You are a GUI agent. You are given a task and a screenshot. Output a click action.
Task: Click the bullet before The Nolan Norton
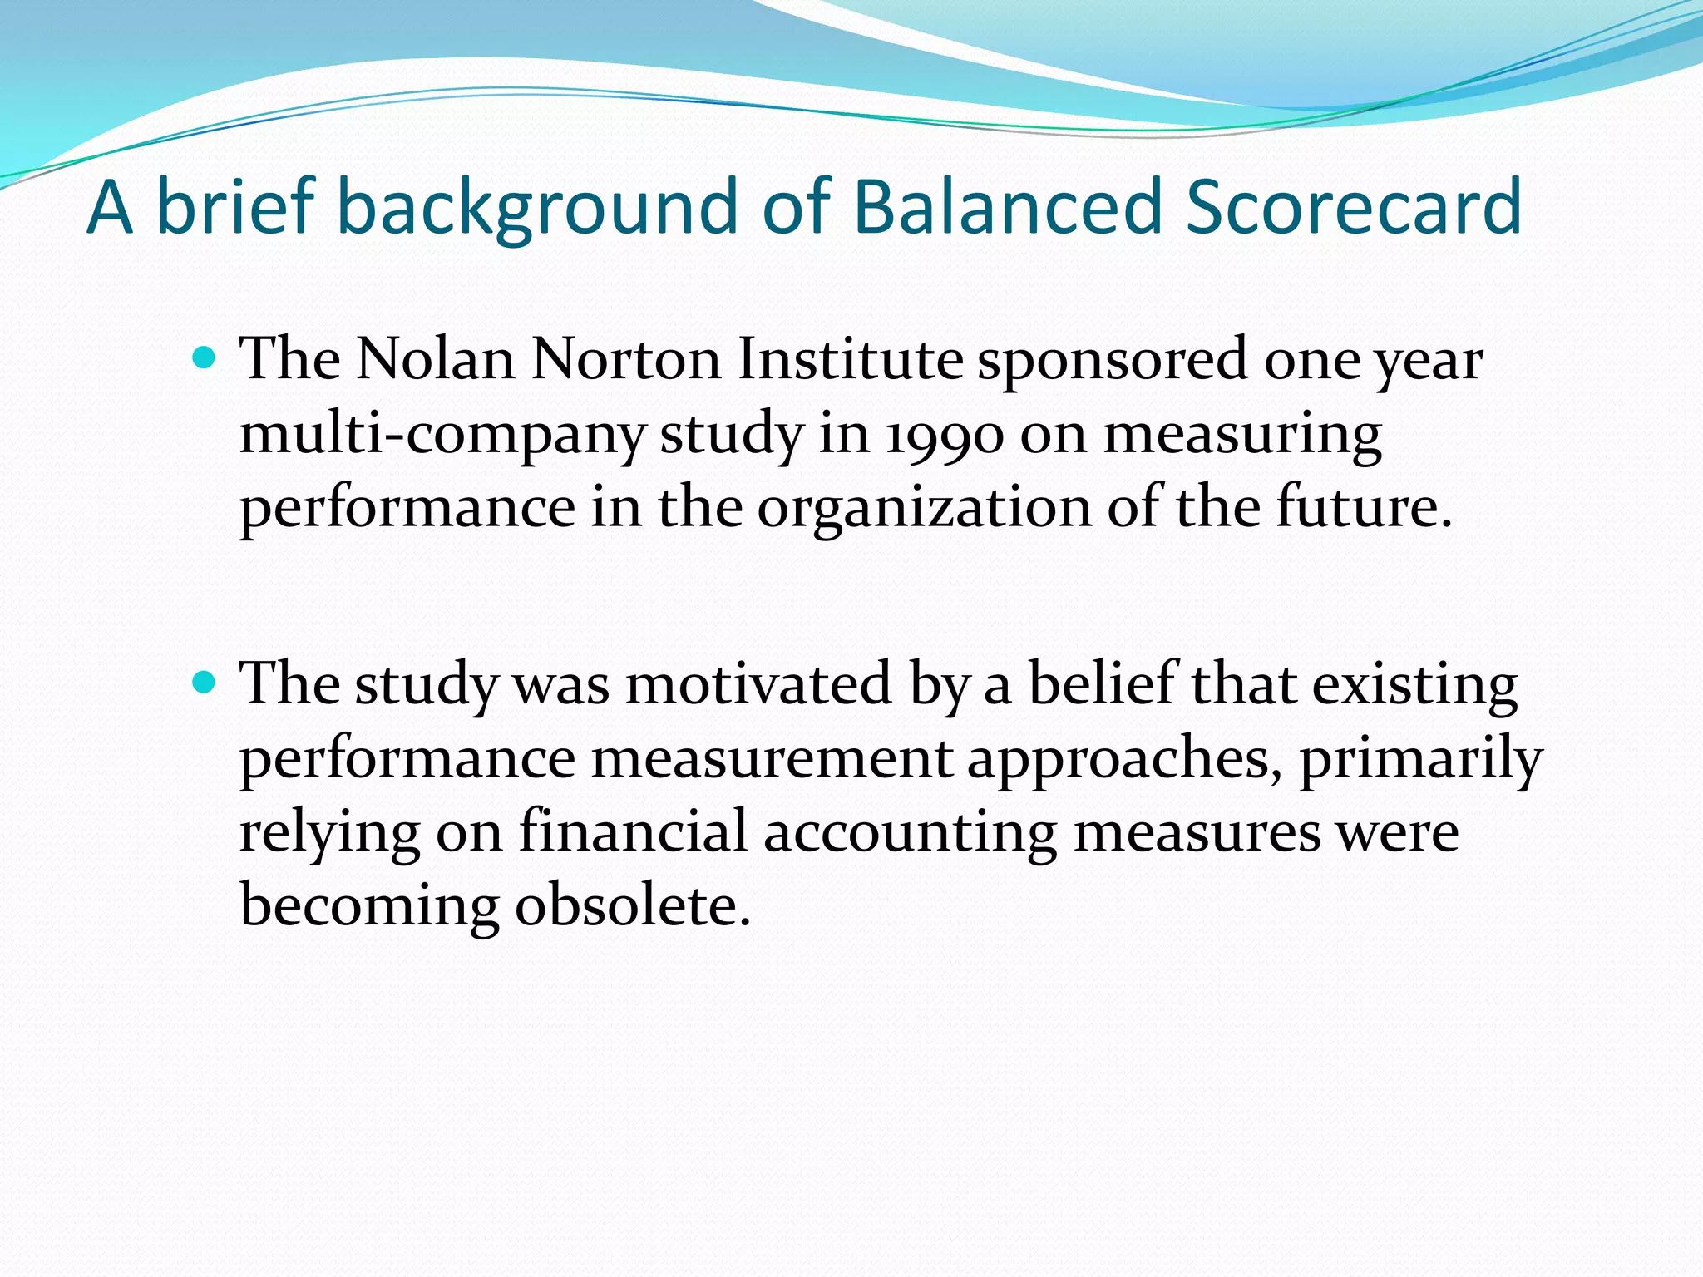click(204, 358)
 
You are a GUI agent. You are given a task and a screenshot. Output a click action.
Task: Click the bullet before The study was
click(204, 683)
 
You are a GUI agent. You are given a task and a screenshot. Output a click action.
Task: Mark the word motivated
click(758, 684)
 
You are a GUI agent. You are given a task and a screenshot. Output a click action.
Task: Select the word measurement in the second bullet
click(771, 758)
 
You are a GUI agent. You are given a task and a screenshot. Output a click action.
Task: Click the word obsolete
click(632, 905)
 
